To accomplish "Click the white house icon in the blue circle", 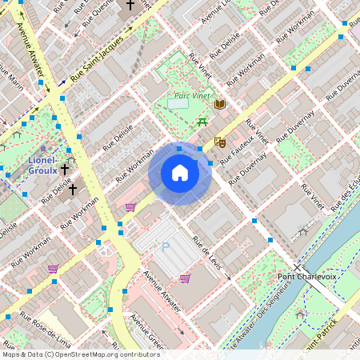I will [x=180, y=173].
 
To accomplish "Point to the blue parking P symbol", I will [x=166, y=247].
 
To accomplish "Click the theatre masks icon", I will [x=220, y=142].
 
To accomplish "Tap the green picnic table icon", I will [x=202, y=122].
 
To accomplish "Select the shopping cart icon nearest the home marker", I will [x=130, y=206].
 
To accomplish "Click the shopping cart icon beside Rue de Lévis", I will [x=185, y=278].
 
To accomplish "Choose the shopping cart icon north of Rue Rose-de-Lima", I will [x=54, y=269].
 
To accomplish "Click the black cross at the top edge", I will [x=130, y=5].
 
